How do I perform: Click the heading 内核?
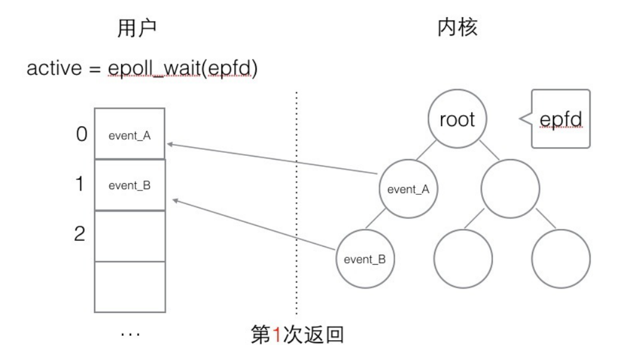(x=456, y=28)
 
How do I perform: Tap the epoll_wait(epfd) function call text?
(x=184, y=70)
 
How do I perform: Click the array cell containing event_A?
(x=130, y=135)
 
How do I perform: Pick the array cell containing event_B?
(x=130, y=186)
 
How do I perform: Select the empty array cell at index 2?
(x=130, y=236)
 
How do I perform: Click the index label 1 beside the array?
(x=80, y=185)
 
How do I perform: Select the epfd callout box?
(x=560, y=119)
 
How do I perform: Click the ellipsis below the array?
(x=130, y=334)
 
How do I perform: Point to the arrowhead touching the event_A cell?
(x=170, y=145)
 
